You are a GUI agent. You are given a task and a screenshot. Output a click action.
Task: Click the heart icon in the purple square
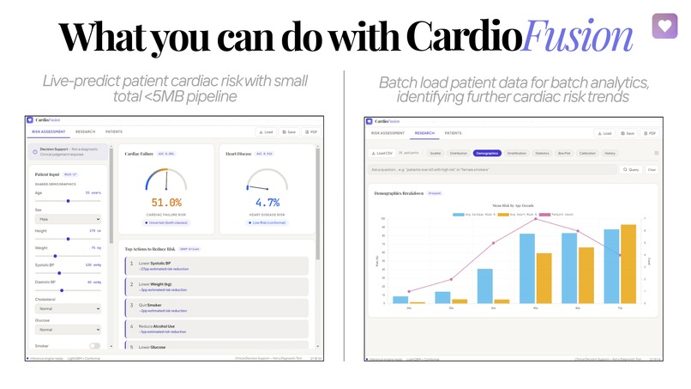pos(664,25)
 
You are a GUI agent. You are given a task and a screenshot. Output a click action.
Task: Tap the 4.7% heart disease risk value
pos(268,203)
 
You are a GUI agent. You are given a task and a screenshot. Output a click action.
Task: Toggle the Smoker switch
pos(94,345)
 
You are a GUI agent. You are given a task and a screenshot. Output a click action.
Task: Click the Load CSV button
pos(382,153)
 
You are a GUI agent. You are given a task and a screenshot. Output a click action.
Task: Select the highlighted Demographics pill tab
pos(486,153)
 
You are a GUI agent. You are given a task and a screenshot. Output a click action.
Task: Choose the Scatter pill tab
pos(435,153)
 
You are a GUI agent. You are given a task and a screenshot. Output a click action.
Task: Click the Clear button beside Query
pos(652,170)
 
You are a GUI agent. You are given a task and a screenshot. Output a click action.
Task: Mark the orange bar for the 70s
pos(628,264)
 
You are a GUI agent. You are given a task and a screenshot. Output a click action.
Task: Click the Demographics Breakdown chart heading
pos(400,194)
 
